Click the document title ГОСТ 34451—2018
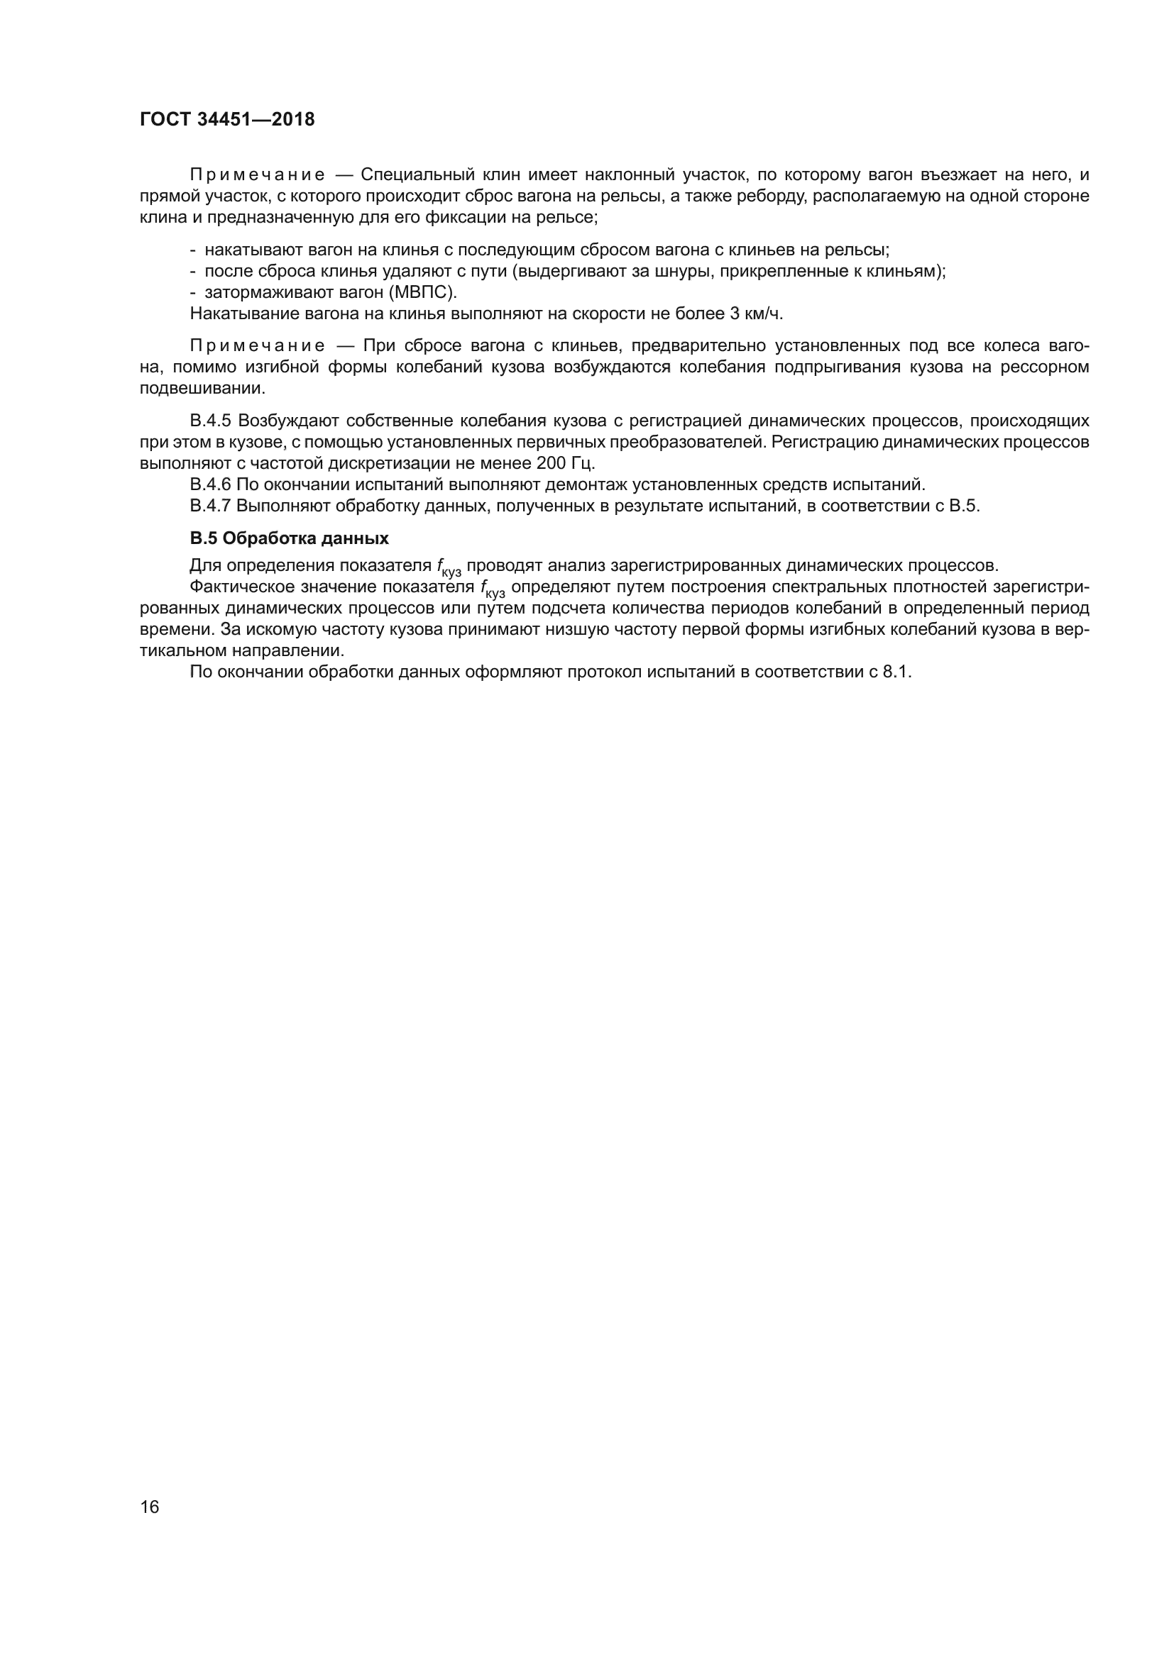pyautogui.click(x=227, y=120)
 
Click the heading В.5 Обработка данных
pyautogui.click(x=289, y=538)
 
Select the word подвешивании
pyautogui.click(x=202, y=389)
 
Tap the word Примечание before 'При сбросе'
pyautogui.click(x=258, y=346)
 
